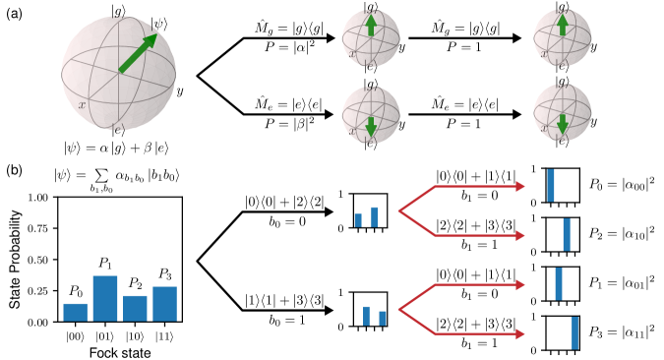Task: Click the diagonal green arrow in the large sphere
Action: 137,55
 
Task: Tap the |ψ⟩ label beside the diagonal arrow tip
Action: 159,25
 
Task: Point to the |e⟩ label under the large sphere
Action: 118,130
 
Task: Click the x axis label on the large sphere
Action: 82,103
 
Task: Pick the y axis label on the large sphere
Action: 179,91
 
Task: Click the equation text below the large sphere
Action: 116,146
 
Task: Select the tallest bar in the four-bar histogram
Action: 105,298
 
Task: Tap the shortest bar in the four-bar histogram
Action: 75,312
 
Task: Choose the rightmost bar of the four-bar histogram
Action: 164,304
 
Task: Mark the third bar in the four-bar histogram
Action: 135,308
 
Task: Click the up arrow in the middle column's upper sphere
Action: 371,26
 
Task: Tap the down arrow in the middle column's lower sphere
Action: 371,126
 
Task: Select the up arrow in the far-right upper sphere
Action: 562,24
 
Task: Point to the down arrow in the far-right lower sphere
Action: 562,123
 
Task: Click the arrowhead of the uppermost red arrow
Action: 520,186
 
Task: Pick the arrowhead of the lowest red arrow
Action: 520,334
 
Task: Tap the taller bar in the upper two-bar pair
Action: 375,217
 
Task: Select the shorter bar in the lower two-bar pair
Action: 383,319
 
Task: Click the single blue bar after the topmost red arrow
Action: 551,185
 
